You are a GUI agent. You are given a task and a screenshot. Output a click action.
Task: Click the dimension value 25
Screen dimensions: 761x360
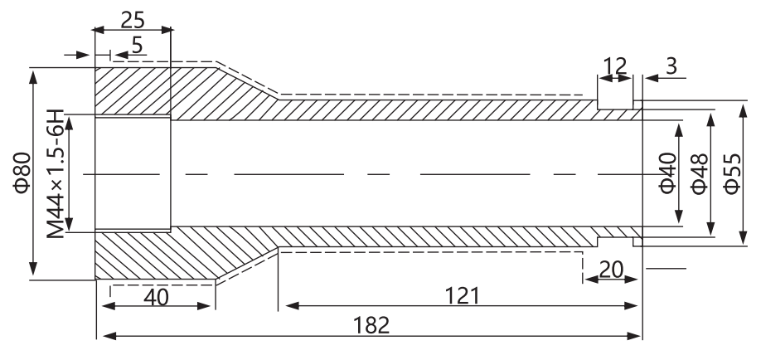pyautogui.click(x=133, y=19)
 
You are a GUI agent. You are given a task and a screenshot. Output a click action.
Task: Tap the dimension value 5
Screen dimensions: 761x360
pyautogui.click(x=138, y=45)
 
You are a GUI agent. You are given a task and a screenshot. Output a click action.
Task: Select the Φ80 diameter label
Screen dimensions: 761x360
pyautogui.click(x=22, y=173)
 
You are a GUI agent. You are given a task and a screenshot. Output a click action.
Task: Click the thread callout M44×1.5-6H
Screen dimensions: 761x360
pyautogui.click(x=56, y=174)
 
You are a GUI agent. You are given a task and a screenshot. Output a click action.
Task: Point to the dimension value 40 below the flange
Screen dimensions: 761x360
pyautogui.click(x=157, y=297)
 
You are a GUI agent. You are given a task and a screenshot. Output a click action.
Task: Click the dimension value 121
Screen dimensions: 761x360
pyautogui.click(x=462, y=296)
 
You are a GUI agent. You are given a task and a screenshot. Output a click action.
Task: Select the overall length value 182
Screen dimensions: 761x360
pyautogui.click(x=371, y=325)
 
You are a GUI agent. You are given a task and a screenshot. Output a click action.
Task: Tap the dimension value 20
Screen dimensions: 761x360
pyautogui.click(x=611, y=270)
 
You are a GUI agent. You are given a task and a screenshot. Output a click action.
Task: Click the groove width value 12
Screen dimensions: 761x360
pyautogui.click(x=615, y=66)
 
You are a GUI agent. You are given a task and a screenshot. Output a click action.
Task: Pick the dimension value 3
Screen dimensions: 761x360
pyautogui.click(x=671, y=66)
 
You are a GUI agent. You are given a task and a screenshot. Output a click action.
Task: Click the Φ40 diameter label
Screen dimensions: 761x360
pyautogui.click(x=668, y=173)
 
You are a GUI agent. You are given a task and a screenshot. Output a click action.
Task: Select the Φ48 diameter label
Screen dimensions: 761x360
pyautogui.click(x=700, y=174)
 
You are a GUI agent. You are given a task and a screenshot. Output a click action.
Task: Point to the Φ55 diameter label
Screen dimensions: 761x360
pyautogui.click(x=732, y=174)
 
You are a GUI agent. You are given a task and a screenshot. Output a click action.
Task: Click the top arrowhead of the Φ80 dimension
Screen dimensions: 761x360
pyautogui.click(x=33, y=75)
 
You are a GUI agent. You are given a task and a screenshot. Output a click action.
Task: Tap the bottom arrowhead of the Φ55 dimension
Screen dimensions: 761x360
pyautogui.click(x=743, y=239)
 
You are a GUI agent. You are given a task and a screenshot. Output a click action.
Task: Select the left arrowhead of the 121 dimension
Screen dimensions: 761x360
pyautogui.click(x=292, y=305)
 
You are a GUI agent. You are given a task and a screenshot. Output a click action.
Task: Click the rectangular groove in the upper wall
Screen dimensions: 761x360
pyautogui.click(x=615, y=105)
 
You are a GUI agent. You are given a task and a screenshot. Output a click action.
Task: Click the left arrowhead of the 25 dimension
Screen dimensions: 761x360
pyautogui.click(x=99, y=30)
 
